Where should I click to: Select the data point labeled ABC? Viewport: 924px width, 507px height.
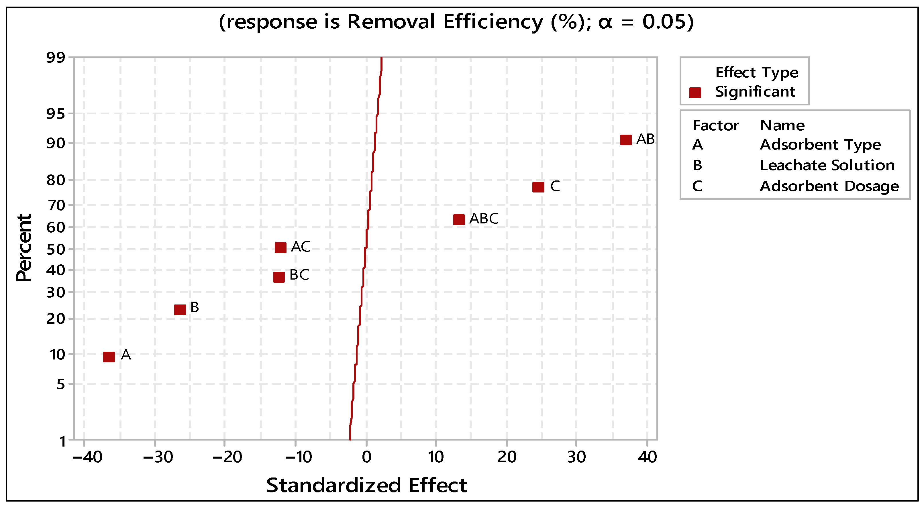pos(459,219)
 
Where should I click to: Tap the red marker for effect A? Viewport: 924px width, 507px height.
pos(109,357)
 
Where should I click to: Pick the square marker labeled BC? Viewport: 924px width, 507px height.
pos(279,277)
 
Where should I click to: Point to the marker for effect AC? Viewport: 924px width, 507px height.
pos(280,247)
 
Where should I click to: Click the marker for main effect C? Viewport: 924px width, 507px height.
pos(538,187)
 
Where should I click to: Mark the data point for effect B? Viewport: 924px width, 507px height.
pos(180,309)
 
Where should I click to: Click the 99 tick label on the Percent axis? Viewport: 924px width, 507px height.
pos(56,57)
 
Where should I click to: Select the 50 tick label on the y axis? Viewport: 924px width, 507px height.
pos(56,249)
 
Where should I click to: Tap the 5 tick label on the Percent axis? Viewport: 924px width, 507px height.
pos(61,384)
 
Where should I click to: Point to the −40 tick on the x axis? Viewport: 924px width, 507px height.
pos(87,457)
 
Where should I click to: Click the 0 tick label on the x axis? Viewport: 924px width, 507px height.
pos(366,457)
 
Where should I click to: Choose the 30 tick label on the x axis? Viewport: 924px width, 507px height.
pos(576,457)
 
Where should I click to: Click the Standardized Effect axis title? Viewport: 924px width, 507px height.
pos(366,486)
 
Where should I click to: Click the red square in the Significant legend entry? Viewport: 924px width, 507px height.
pos(695,93)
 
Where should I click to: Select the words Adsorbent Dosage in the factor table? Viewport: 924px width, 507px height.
pos(829,186)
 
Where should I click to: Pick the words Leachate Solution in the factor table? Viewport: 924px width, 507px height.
pos(827,165)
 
